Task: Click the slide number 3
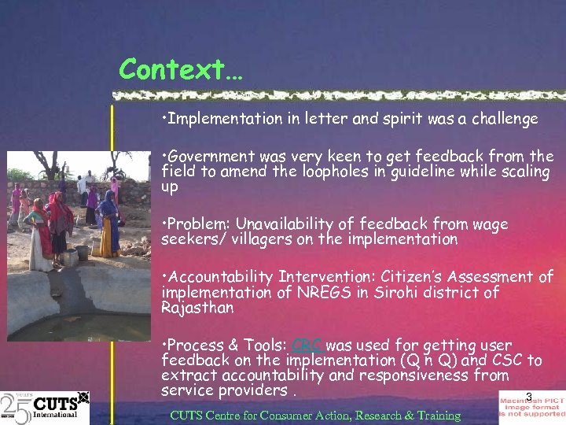point(529,397)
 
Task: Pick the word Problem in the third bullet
point(193,224)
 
